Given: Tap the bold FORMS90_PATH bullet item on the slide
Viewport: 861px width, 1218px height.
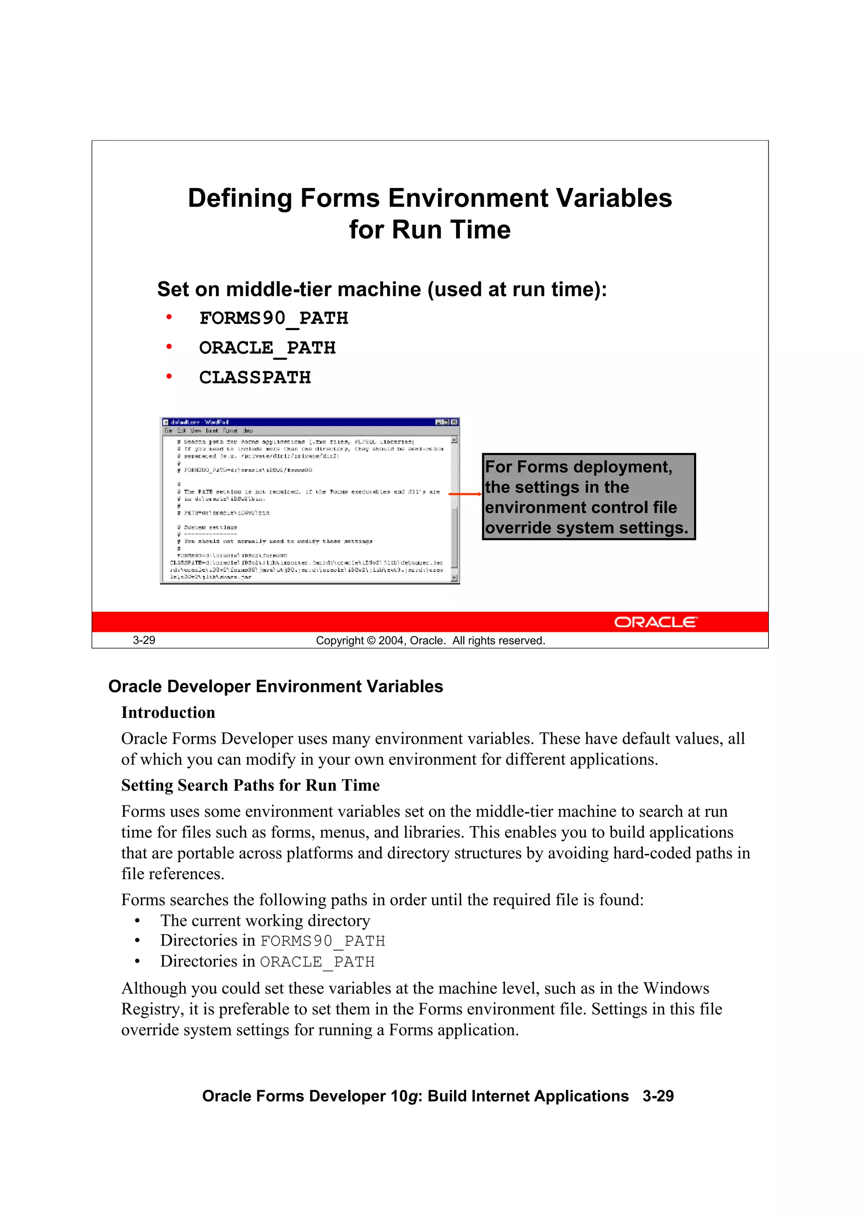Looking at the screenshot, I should (273, 318).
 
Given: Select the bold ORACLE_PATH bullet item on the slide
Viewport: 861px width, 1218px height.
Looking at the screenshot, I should (267, 348).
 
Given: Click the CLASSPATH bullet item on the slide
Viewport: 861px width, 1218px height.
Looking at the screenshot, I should (255, 378).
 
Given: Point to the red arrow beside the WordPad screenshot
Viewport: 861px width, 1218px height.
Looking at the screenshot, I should (465, 494).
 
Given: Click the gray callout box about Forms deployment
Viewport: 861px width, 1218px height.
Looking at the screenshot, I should (588, 497).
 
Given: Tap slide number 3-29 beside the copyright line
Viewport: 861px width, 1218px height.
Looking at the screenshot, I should (144, 640).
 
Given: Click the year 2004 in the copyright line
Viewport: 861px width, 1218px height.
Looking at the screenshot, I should (391, 641).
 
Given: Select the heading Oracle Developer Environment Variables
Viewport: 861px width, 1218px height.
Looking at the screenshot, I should (275, 687).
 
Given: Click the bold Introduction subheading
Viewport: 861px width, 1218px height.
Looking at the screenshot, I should (168, 713).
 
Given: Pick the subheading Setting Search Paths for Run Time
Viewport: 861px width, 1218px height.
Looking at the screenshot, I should (251, 785).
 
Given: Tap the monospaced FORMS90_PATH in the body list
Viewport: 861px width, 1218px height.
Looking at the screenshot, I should (322, 941).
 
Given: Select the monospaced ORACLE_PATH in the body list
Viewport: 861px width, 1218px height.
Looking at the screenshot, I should (317, 962).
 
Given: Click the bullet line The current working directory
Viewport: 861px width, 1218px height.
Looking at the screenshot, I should (265, 920).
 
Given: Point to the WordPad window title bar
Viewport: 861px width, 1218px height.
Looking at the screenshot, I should (297, 422).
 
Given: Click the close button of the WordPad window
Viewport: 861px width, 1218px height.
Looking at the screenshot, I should (454, 422).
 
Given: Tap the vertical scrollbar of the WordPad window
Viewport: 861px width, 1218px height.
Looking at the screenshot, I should (454, 509).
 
